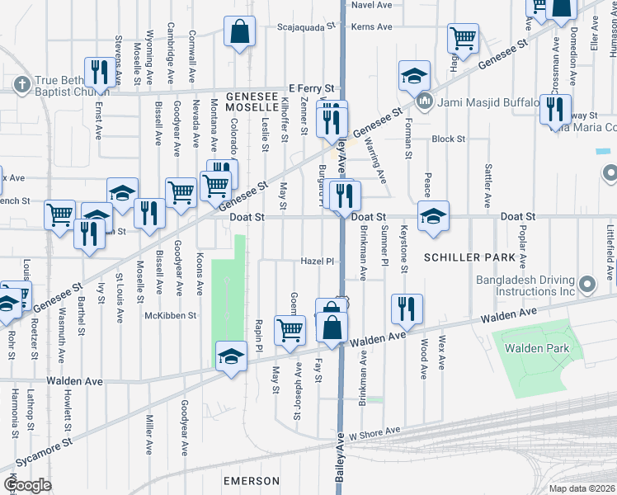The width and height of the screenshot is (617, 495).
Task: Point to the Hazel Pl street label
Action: pyautogui.click(x=318, y=262)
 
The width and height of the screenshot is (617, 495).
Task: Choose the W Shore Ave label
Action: pyautogui.click(x=374, y=431)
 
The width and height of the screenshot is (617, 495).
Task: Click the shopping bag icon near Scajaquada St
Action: pyautogui.click(x=239, y=33)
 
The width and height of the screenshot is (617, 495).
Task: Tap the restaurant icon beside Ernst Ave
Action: pyautogui.click(x=99, y=72)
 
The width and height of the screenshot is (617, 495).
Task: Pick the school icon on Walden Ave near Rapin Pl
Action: pyautogui.click(x=232, y=356)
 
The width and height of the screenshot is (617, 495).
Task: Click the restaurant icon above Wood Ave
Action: pyautogui.click(x=407, y=309)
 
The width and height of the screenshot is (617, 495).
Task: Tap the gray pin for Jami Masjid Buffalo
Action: pyautogui.click(x=425, y=103)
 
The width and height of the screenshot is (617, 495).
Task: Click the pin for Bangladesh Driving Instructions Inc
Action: pyautogui.click(x=587, y=285)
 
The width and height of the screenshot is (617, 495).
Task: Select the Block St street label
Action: pyautogui.click(x=449, y=139)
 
